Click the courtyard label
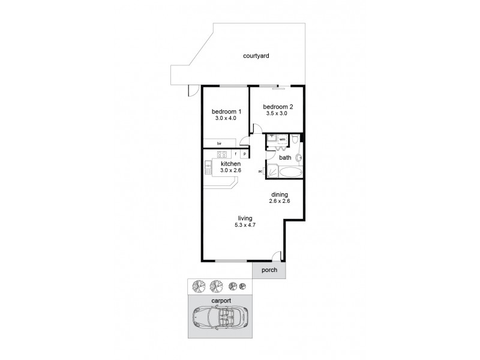coord(256,56)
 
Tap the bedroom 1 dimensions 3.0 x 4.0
coord(226,118)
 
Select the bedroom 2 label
coord(278,107)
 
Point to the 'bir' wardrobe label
coord(219,143)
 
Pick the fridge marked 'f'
coord(236,154)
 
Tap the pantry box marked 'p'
coord(245,154)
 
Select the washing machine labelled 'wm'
coord(282,139)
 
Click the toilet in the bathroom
coord(294,139)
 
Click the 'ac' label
coord(260,171)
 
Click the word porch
coord(269,271)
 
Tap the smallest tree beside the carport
coord(242,286)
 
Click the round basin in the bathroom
coord(299,158)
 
